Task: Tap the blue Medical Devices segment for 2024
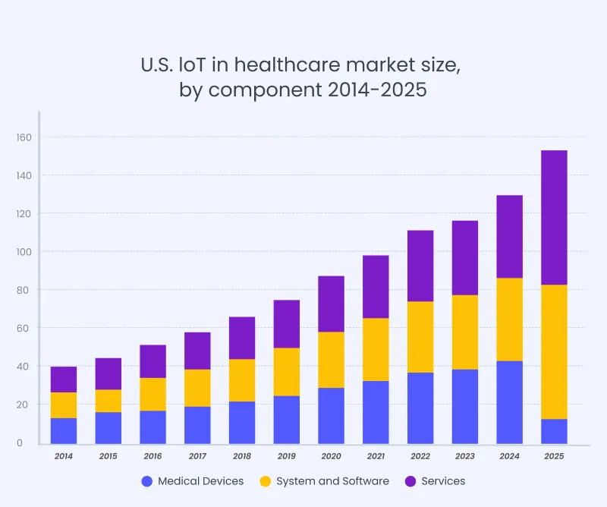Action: pos(509,402)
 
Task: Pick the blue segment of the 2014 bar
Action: pos(64,430)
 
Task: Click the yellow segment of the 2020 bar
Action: pos(331,360)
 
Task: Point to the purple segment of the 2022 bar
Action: pos(420,266)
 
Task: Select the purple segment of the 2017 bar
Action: pos(197,351)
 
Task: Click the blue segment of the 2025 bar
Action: pos(554,430)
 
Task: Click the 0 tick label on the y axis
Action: pos(29,442)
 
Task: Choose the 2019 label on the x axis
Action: pos(286,457)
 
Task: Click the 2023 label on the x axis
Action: pos(464,457)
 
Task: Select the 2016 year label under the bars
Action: pos(153,457)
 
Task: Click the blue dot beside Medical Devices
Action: pos(147,481)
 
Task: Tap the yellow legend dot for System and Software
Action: pos(265,481)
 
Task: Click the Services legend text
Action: pos(443,481)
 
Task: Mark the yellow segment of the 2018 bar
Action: pos(242,380)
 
